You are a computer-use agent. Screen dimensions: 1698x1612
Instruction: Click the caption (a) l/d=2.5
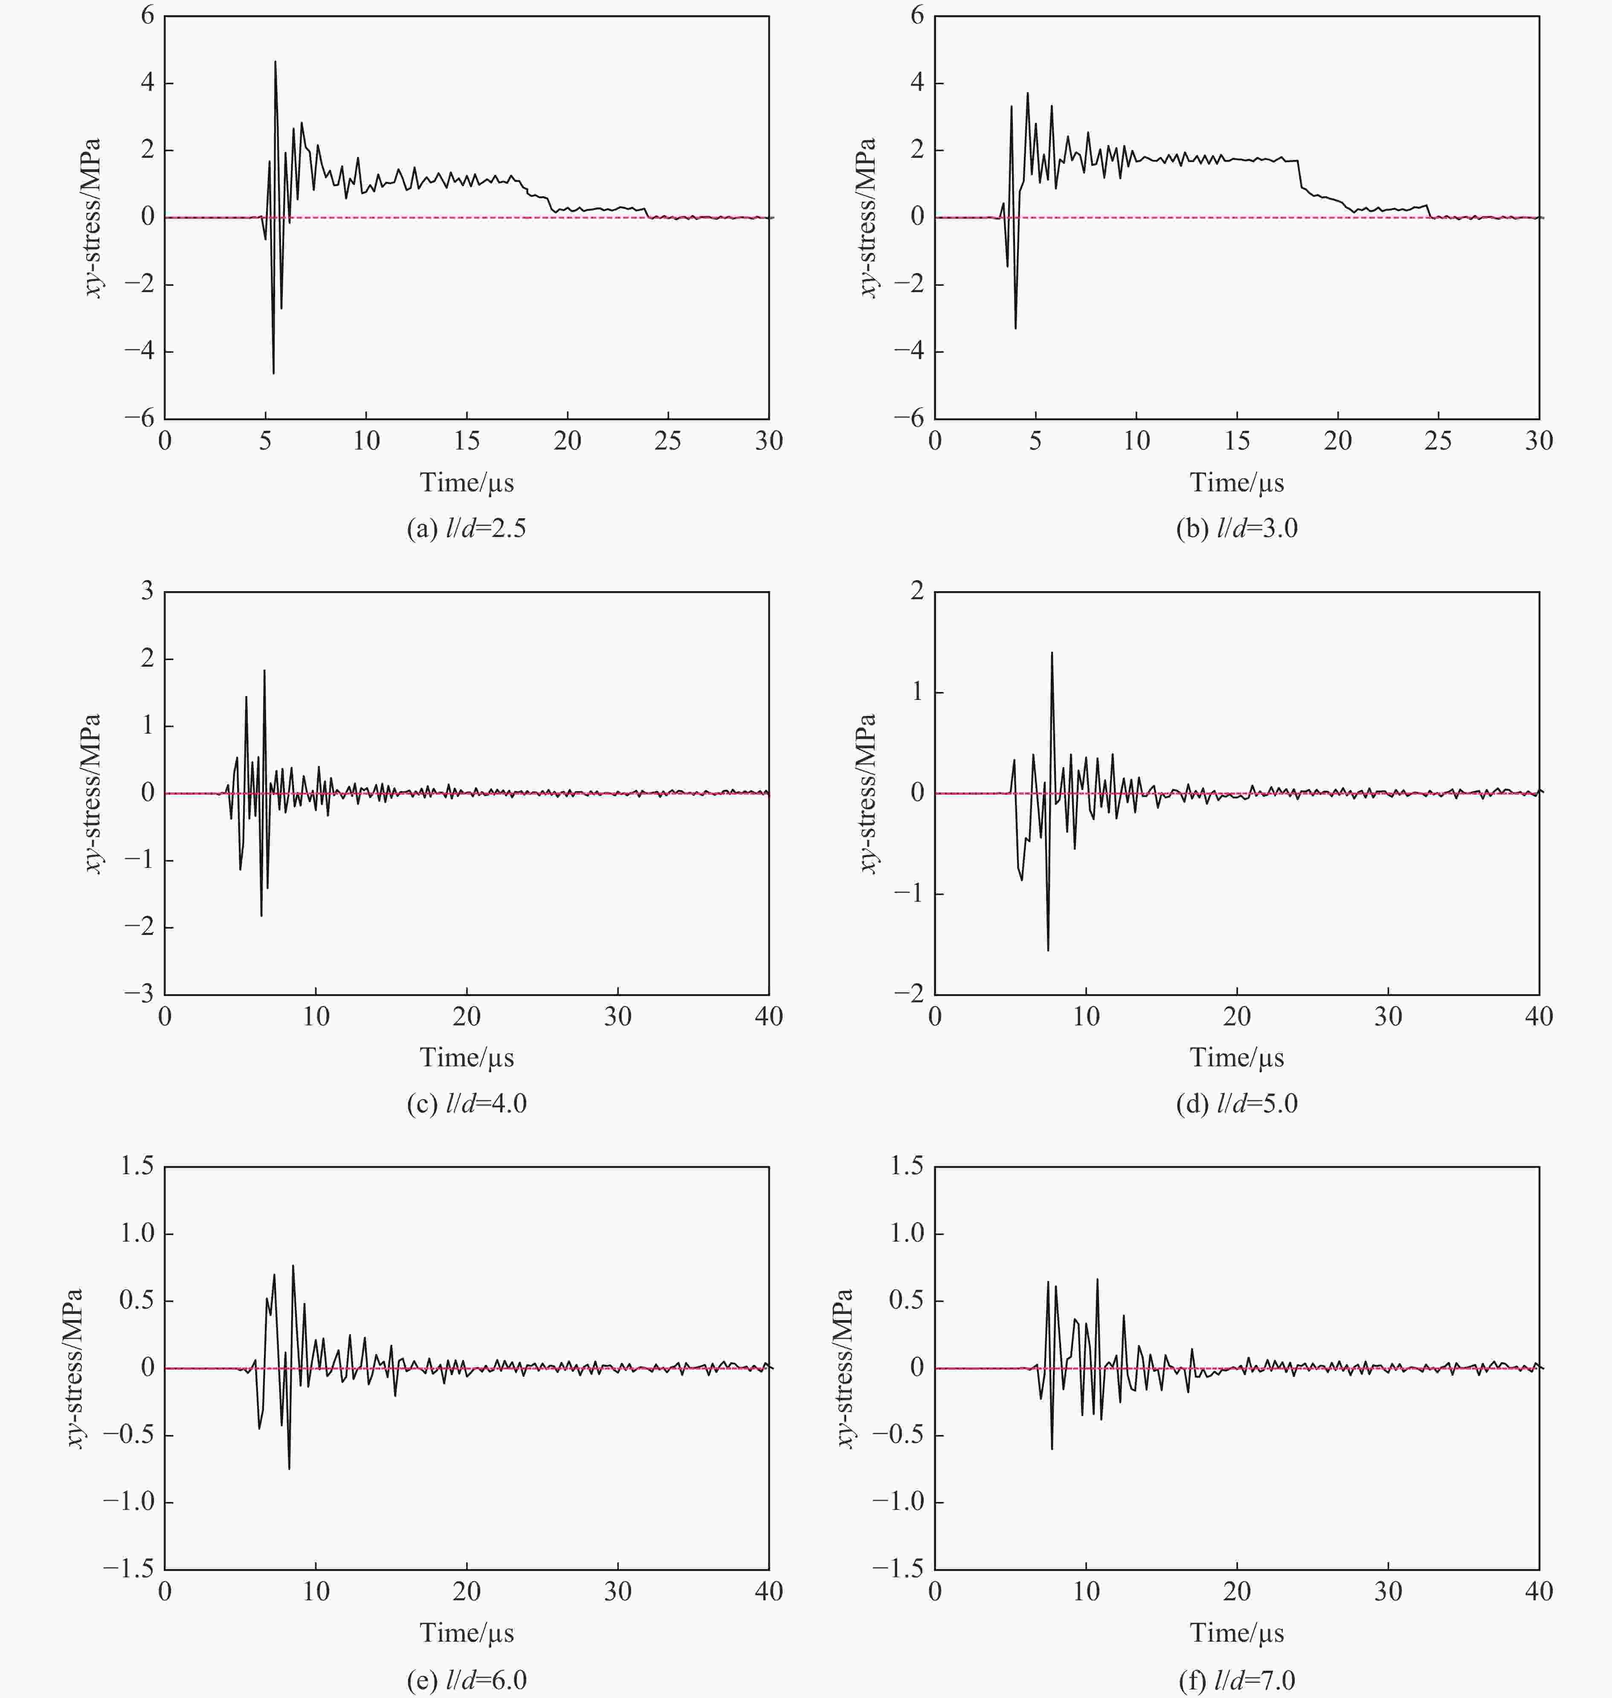click(x=467, y=528)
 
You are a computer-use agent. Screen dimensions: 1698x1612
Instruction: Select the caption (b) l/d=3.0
click(x=1236, y=528)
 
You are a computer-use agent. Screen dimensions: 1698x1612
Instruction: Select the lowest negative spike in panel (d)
click(x=1047, y=949)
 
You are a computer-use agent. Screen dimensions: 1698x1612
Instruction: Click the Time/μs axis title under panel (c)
click(x=467, y=1058)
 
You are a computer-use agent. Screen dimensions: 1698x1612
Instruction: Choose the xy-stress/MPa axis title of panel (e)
click(x=75, y=1367)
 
